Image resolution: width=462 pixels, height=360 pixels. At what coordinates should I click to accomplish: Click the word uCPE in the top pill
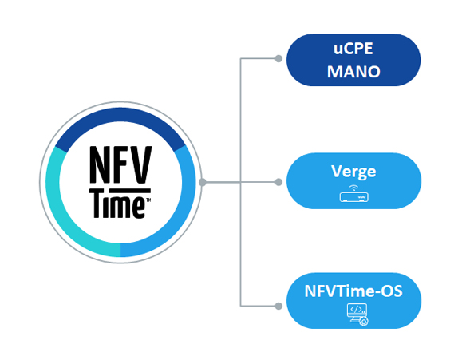(353, 49)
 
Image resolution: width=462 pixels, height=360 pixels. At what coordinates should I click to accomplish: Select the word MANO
(353, 72)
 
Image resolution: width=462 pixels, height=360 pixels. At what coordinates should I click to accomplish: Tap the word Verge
(353, 172)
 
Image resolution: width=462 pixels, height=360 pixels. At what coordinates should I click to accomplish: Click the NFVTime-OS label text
(353, 291)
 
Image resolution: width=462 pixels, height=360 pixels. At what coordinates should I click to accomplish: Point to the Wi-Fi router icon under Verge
(353, 194)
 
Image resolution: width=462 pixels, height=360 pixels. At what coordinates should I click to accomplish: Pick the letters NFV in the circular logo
(120, 164)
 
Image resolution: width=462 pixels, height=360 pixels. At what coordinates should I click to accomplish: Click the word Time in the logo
(118, 205)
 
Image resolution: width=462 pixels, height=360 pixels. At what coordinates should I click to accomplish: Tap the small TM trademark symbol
(148, 200)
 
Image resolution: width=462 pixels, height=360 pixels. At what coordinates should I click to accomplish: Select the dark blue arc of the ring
(120, 116)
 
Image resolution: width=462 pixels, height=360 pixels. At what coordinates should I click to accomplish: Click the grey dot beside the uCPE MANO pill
(278, 59)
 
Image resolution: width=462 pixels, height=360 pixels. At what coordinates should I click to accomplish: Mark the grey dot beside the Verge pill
(278, 182)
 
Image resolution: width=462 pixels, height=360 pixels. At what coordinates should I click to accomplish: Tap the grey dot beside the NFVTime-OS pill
(278, 306)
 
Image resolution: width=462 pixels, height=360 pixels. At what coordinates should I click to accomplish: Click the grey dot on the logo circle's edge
(203, 182)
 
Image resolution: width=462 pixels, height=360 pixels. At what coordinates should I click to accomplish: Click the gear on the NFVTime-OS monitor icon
(364, 322)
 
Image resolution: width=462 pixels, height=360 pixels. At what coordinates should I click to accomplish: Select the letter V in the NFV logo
(141, 164)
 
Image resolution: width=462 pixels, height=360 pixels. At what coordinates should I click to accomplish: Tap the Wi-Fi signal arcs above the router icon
(353, 188)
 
